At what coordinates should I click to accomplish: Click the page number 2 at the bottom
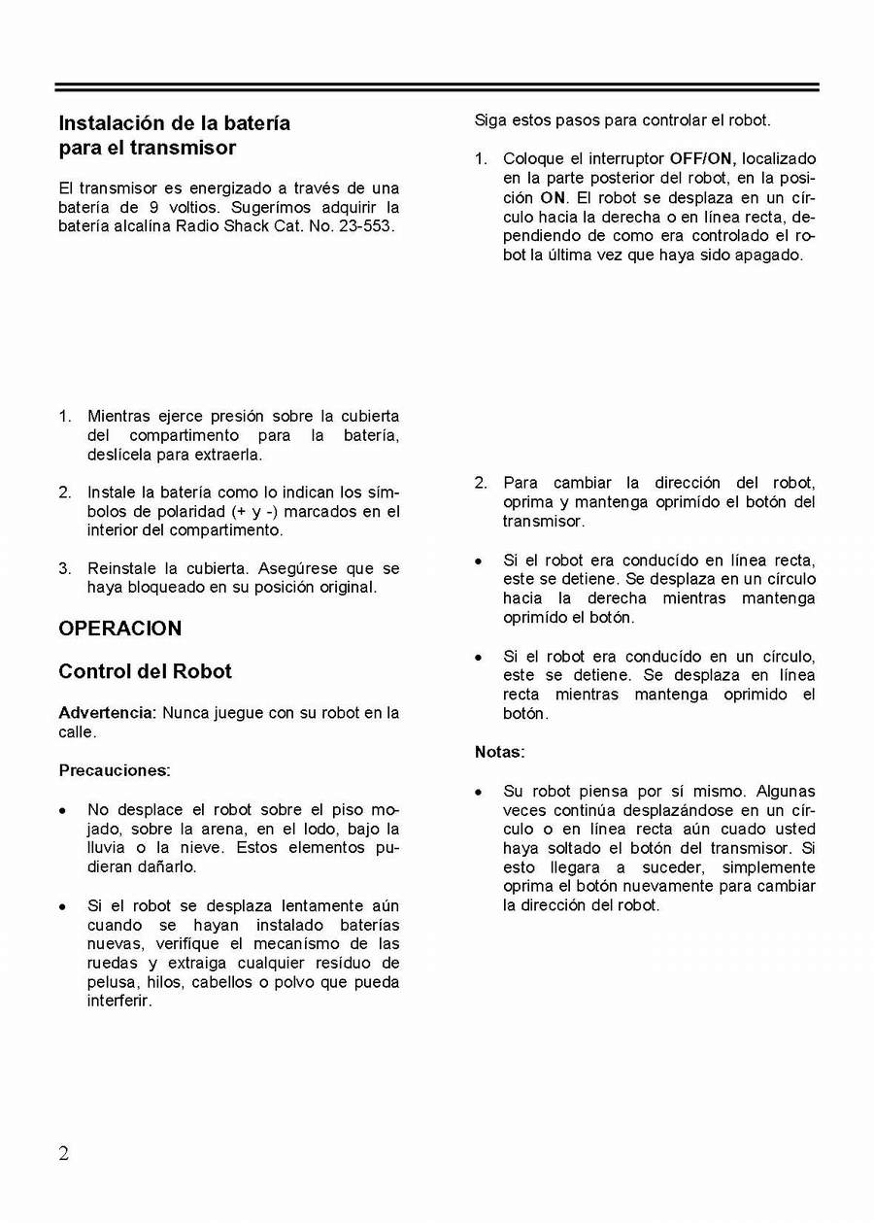pyautogui.click(x=64, y=1153)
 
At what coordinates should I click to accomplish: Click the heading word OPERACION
pyautogui.click(x=120, y=628)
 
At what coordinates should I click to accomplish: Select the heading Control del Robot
pyautogui.click(x=145, y=671)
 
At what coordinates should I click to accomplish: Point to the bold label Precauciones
pyautogui.click(x=115, y=770)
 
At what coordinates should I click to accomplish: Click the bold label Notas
pyautogui.click(x=499, y=752)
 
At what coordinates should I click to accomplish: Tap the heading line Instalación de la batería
pyautogui.click(x=175, y=123)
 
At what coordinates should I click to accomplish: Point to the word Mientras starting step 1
pyautogui.click(x=120, y=417)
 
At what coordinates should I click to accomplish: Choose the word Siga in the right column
pyautogui.click(x=490, y=120)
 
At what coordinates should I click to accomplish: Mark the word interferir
pyautogui.click(x=119, y=1001)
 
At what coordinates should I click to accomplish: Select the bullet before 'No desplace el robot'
pyautogui.click(x=63, y=810)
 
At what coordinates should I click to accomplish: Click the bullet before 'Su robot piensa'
pyautogui.click(x=479, y=793)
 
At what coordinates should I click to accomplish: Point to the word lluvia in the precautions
pyautogui.click(x=107, y=848)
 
